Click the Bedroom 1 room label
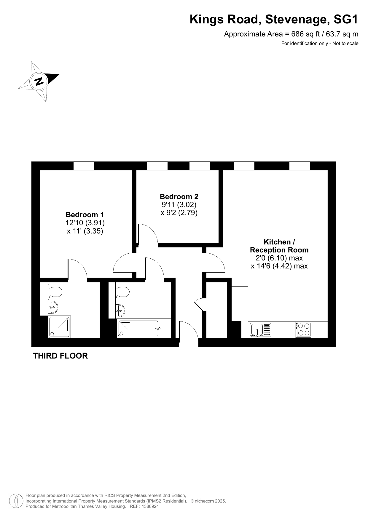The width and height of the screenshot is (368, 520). point(85,215)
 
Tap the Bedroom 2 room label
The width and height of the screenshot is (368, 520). point(179,196)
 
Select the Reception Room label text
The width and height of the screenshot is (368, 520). point(279,250)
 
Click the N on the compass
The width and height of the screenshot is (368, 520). point(39,81)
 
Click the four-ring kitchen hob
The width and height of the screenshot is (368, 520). point(303,330)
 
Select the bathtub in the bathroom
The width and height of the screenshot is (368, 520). point(138,328)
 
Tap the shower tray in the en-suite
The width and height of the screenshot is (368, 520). point(60,327)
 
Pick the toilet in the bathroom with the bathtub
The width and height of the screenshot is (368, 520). point(122,292)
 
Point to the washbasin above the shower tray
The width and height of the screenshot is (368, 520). point(53,307)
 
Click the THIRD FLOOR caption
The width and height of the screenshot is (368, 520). point(60,356)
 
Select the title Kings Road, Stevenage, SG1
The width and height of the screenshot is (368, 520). point(274,20)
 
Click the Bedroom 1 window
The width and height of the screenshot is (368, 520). point(84,166)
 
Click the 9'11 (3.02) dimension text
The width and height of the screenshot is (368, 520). point(179,204)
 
